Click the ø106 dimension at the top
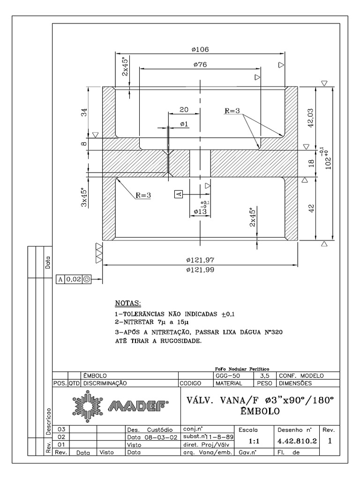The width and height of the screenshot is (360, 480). click(x=200, y=49)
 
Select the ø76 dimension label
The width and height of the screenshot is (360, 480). click(x=200, y=65)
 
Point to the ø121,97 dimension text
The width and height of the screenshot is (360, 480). click(x=201, y=260)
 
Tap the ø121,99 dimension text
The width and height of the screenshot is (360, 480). click(x=201, y=270)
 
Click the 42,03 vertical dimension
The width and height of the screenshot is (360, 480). click(x=310, y=117)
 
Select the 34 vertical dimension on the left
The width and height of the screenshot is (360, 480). click(x=84, y=112)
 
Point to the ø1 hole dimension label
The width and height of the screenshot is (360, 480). click(x=184, y=124)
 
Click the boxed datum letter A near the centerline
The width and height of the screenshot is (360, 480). click(x=178, y=193)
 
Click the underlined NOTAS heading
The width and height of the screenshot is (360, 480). click(x=128, y=304)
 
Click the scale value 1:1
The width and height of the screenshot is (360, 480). click(x=248, y=441)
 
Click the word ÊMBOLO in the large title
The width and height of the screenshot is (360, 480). click(x=260, y=412)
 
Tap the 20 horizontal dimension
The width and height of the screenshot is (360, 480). click(x=184, y=109)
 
